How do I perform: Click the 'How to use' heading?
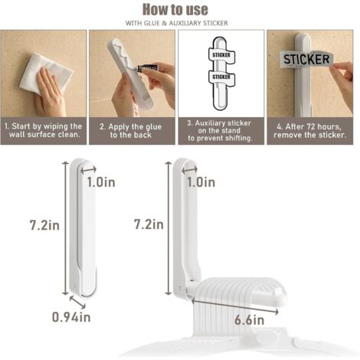click(x=175, y=10)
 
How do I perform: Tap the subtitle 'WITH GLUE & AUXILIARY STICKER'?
click(x=177, y=23)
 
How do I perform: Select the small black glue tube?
click(x=148, y=68)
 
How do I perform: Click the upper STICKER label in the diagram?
click(x=221, y=55)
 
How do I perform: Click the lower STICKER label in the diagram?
click(x=221, y=77)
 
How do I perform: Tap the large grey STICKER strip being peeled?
click(x=306, y=60)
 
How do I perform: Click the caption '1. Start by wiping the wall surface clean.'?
click(x=44, y=130)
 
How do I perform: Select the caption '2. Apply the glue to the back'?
click(x=131, y=131)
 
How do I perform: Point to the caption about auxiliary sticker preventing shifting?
click(x=220, y=130)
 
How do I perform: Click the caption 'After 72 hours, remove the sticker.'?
click(x=310, y=130)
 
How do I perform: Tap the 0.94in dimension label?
click(x=71, y=317)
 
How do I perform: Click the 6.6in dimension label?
click(x=250, y=320)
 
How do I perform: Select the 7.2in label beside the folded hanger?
click(x=44, y=225)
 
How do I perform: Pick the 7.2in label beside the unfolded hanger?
click(x=149, y=224)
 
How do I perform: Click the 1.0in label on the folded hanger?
click(x=101, y=182)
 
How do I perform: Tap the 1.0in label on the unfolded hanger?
click(x=201, y=182)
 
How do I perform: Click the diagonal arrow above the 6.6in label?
click(x=235, y=306)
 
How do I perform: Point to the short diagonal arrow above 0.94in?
click(x=77, y=302)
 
